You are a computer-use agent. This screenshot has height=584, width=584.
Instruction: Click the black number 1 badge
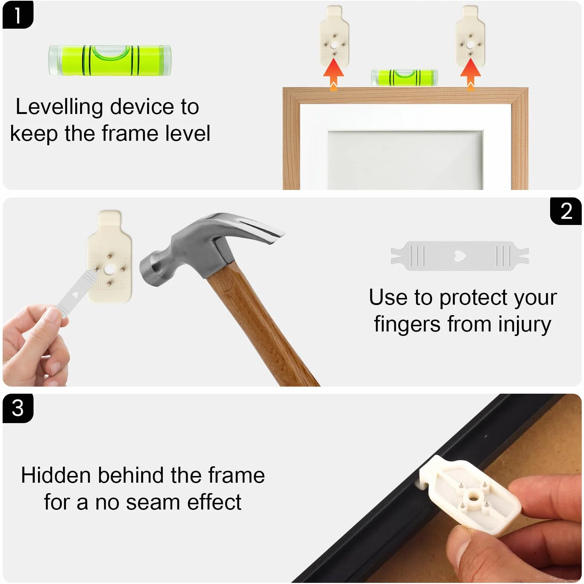click(x=18, y=15)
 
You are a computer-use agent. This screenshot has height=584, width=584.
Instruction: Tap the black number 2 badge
click(x=566, y=211)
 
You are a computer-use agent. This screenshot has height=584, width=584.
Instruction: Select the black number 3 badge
click(x=18, y=408)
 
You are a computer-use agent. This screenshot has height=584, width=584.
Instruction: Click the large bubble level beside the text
click(x=110, y=60)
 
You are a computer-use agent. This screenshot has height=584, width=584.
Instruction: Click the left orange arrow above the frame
click(x=333, y=74)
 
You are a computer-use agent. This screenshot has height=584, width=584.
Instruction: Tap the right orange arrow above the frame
click(x=470, y=74)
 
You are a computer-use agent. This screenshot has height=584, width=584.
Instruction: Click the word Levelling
click(x=59, y=107)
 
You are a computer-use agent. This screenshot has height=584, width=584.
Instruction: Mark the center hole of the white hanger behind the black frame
click(x=474, y=496)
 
